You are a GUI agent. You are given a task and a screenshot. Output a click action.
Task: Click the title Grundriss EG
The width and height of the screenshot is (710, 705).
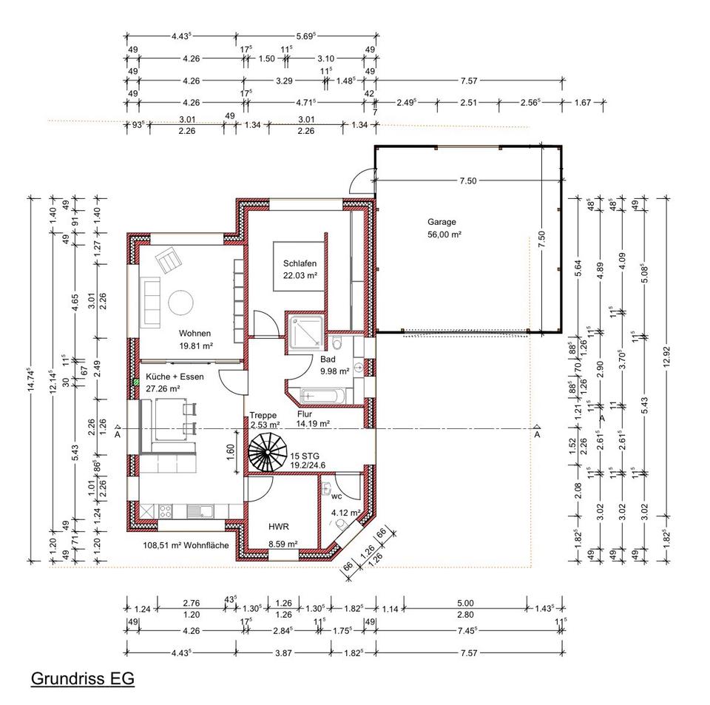coord(82,678)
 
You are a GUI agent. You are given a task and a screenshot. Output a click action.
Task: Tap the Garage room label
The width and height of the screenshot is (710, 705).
coord(442,222)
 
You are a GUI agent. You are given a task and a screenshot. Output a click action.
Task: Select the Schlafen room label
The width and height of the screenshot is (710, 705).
coord(300,263)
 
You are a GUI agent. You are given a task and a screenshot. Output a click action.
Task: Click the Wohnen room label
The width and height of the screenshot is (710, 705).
coord(195,333)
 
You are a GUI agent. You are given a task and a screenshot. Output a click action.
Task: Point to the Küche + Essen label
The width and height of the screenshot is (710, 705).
coord(175,377)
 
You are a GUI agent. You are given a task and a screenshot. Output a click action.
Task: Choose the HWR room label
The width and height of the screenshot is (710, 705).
coord(279,527)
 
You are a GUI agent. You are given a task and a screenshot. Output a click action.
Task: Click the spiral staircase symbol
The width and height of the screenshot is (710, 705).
coord(268,452)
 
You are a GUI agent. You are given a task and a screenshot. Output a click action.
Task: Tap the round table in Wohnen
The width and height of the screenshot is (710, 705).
coord(181,303)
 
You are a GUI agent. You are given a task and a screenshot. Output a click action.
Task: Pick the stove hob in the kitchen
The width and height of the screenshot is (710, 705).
coord(165,511)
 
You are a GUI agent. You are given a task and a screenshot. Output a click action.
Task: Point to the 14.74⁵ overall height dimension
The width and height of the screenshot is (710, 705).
coord(31,379)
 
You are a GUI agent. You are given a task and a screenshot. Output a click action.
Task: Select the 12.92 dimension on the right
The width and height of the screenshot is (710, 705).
coord(666,358)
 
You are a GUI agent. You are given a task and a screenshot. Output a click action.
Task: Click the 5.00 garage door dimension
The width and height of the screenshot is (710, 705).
coord(465,603)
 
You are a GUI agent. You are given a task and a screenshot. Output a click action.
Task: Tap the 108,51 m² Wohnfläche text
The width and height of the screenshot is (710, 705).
coord(186,545)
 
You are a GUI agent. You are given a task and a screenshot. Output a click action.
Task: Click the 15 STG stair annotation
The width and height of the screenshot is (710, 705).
coord(305,456)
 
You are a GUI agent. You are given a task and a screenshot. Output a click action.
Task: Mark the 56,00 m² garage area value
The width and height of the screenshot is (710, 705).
coord(444,235)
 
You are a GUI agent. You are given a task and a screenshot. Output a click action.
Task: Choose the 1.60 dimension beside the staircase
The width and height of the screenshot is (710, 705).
coord(230,451)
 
